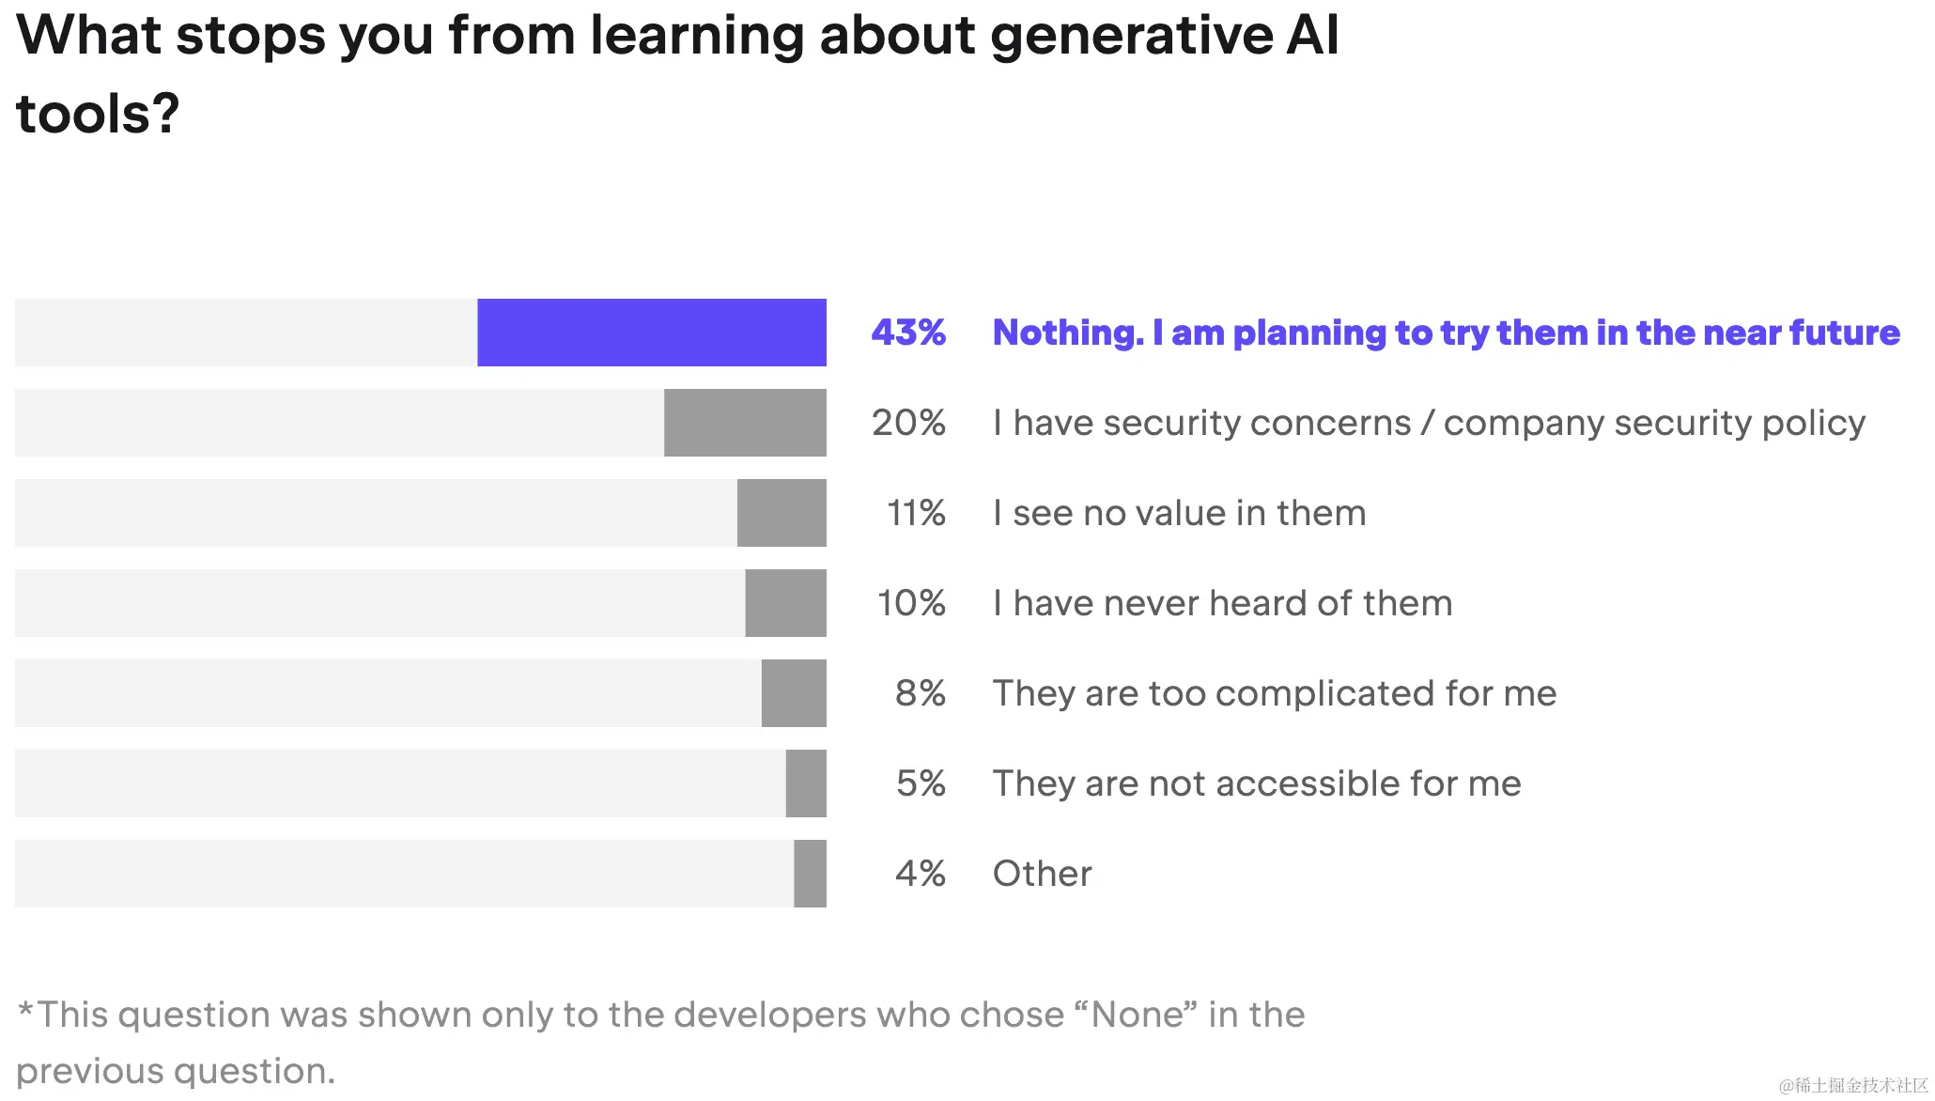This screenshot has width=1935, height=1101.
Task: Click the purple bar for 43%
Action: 651,333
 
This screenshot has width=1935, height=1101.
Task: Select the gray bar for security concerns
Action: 745,423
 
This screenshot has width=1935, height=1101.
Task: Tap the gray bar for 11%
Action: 782,513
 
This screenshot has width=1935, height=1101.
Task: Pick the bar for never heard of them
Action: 785,603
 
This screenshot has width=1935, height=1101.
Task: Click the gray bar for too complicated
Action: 794,693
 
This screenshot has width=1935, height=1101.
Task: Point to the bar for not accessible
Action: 806,783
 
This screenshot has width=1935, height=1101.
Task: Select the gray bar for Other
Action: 810,874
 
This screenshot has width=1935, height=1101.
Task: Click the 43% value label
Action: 908,333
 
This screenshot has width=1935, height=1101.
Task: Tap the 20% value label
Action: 908,423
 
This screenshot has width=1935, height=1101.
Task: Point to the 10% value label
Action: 911,603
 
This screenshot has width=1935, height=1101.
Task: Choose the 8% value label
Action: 920,693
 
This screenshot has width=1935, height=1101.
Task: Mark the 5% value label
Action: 921,783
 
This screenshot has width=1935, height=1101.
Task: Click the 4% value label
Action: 920,874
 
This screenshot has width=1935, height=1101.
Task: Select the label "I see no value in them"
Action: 1179,513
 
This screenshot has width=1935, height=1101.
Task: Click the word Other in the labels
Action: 1043,874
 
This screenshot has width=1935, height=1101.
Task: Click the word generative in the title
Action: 1131,36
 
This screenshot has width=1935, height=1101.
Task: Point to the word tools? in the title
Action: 98,114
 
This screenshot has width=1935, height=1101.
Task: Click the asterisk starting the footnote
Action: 25,1010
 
